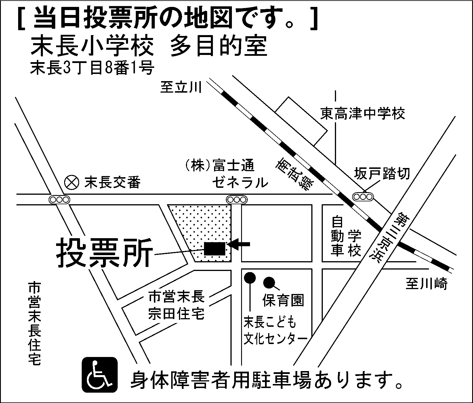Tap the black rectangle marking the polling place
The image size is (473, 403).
[x=215, y=249]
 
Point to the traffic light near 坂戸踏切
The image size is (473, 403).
[x=363, y=197]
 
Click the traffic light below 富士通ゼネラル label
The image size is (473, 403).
[x=237, y=199]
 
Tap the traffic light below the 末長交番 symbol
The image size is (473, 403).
[x=59, y=199]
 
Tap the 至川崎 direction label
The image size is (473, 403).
[x=427, y=284]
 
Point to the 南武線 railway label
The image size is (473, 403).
[x=295, y=175]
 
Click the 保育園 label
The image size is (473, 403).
[x=283, y=300]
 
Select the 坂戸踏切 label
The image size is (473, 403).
[x=382, y=173]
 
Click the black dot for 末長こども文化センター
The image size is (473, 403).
[x=250, y=278]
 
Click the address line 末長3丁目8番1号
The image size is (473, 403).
[x=92, y=68]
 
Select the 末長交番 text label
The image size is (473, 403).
[x=112, y=182]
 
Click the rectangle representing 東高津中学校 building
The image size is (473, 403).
[x=301, y=121]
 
